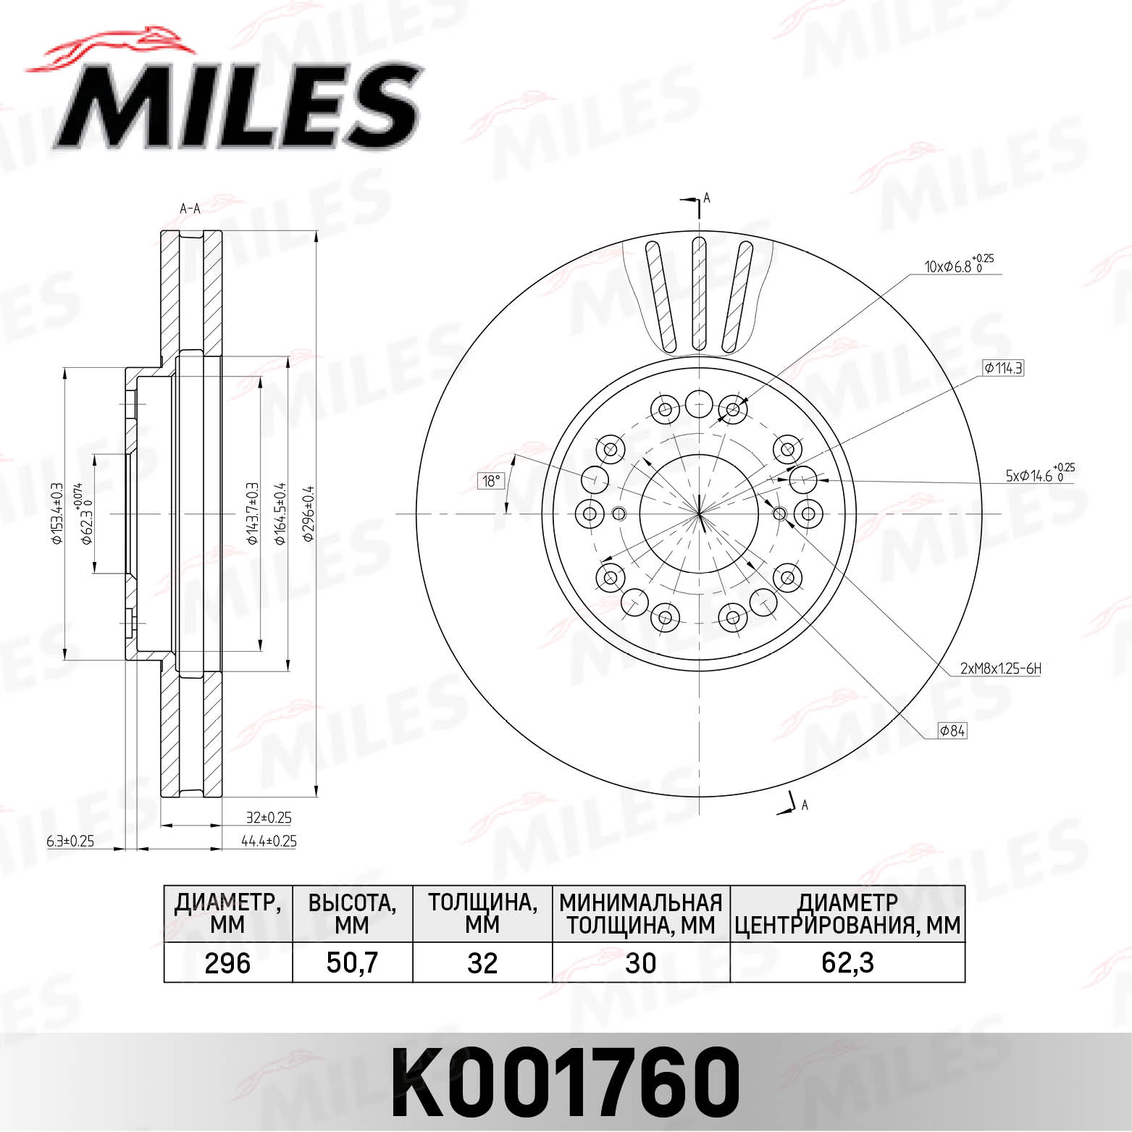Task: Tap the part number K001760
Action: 566,1080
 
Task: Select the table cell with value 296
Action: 227,963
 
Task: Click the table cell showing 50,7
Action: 352,963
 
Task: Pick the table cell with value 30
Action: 640,963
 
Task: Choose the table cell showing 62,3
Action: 847,963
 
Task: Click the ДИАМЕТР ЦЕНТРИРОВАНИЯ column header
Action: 847,914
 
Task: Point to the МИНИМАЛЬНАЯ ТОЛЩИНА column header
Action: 640,914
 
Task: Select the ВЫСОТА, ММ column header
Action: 352,914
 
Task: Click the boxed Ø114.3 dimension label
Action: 1003,368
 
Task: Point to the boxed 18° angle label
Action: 491,481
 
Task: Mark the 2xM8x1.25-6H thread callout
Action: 1000,668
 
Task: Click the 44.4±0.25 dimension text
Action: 269,841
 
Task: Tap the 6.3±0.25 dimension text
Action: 70,841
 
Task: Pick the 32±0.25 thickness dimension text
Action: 269,817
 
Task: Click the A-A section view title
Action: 190,209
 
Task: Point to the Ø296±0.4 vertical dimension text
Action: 309,514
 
